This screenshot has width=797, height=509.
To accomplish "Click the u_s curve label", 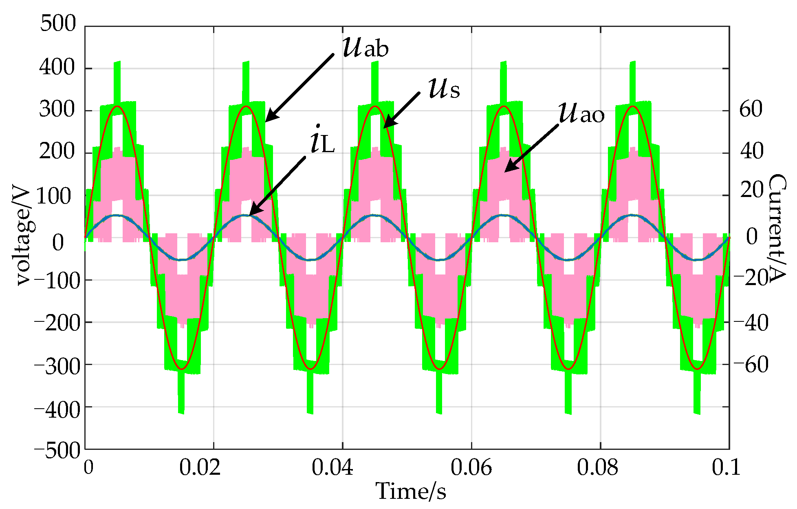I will click(444, 89).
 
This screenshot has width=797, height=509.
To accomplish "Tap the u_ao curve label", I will click(581, 113).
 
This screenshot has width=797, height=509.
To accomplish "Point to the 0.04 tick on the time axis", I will click(332, 467).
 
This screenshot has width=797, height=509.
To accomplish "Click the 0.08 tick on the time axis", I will click(597, 467).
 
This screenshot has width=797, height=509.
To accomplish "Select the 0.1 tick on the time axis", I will click(726, 467).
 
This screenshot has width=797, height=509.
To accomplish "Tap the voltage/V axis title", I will click(23, 237).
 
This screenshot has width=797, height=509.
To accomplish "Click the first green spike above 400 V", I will click(117, 82).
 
